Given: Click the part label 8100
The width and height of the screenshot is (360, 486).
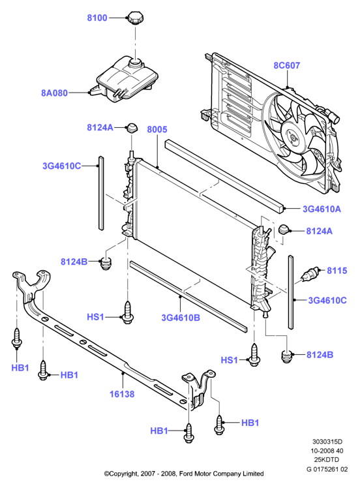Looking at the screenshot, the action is pyautogui.click(x=97, y=18).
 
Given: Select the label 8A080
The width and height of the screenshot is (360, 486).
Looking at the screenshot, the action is pyautogui.click(x=54, y=93).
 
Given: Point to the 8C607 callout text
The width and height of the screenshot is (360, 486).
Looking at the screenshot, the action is pyautogui.click(x=286, y=65).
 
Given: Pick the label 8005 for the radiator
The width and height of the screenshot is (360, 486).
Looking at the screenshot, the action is pyautogui.click(x=157, y=129).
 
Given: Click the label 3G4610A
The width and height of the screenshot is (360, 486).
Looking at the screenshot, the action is pyautogui.click(x=322, y=209).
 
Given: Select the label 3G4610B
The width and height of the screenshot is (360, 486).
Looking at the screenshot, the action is pyautogui.click(x=181, y=318).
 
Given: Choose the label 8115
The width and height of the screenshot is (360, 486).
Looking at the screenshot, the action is pyautogui.click(x=337, y=271).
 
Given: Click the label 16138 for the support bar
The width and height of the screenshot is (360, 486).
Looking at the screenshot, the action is pyautogui.click(x=122, y=394).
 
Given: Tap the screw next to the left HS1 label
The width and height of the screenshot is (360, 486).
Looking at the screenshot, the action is pyautogui.click(x=127, y=312).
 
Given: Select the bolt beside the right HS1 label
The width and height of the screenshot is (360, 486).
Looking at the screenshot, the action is pyautogui.click(x=254, y=355).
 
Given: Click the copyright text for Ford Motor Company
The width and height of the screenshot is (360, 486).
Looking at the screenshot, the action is pyautogui.click(x=184, y=474).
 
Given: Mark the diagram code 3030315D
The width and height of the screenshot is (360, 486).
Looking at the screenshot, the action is pyautogui.click(x=327, y=442).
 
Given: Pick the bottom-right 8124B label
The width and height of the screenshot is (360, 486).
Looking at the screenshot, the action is pyautogui.click(x=320, y=355).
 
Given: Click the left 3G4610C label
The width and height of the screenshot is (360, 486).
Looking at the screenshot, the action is pyautogui.click(x=62, y=166).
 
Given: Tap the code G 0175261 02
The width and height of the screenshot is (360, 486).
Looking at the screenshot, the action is pyautogui.click(x=327, y=469).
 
